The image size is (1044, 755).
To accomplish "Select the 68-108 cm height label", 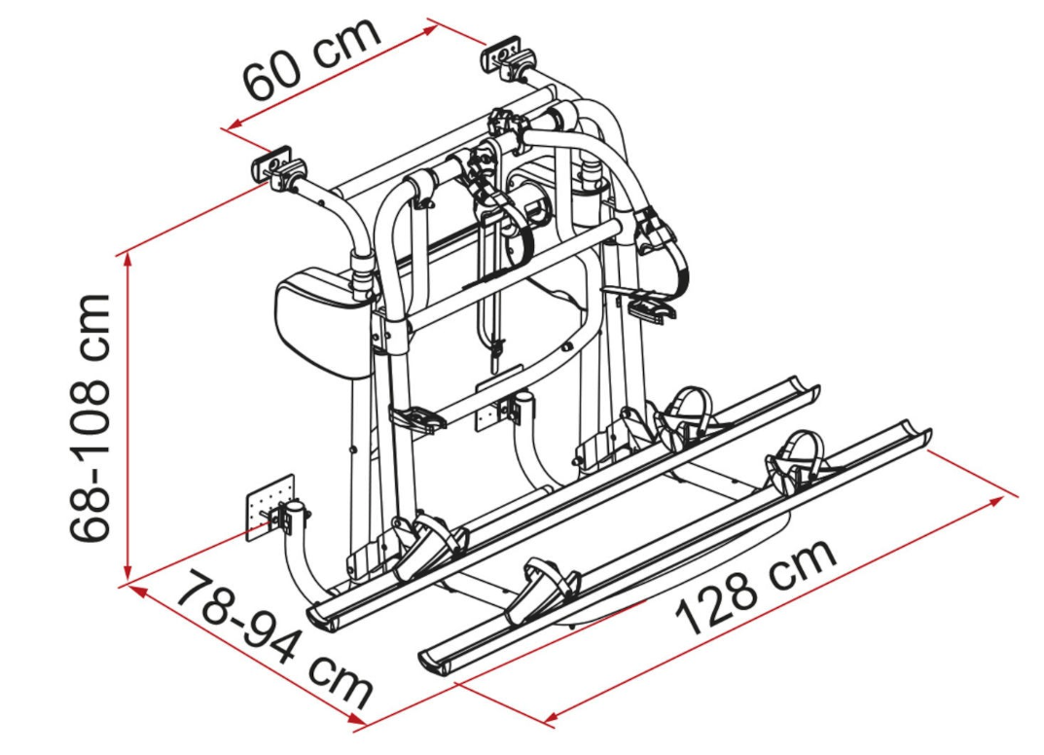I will click(91, 417).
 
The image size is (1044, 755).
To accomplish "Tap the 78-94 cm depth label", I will click(277, 641).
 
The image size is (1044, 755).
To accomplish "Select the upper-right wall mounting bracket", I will click(504, 55).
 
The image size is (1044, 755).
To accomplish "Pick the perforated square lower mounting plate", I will click(270, 507).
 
